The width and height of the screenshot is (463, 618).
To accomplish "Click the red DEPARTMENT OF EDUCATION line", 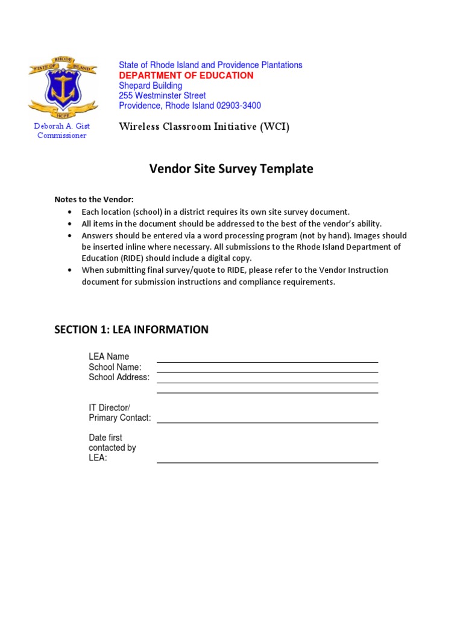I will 186,75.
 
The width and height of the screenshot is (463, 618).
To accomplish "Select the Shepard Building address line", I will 150,86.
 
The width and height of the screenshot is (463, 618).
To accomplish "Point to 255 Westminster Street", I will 162,95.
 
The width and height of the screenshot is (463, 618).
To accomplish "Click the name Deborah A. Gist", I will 61,126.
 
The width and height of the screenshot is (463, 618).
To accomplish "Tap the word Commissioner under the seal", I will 61,135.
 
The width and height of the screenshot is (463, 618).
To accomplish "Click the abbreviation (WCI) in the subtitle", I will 276,127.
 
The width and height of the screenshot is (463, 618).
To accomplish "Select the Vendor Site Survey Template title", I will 231,169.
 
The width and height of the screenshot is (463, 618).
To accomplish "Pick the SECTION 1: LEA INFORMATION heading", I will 131,330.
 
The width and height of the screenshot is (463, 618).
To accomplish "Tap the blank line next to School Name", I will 267,372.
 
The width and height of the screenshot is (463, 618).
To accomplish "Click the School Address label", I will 119,377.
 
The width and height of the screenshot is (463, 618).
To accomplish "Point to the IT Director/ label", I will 109,408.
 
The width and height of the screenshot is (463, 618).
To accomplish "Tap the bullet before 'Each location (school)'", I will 71,212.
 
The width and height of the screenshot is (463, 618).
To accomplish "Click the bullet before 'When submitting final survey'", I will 71,270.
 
